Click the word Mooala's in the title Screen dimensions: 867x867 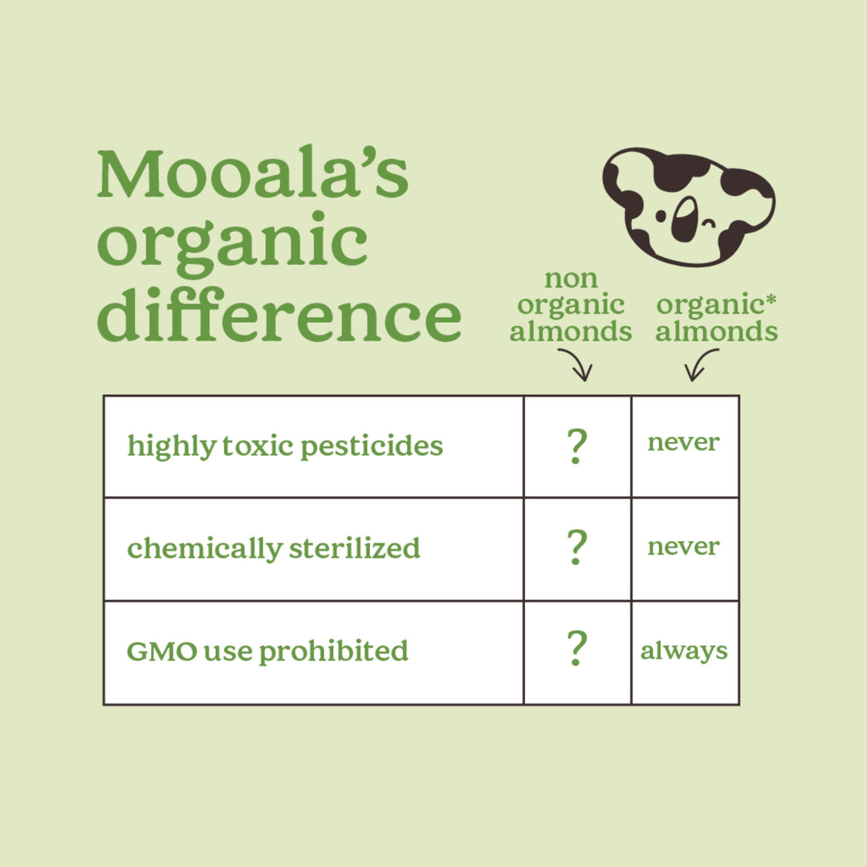point(253,173)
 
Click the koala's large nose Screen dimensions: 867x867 point(685,219)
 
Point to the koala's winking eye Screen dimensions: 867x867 point(709,224)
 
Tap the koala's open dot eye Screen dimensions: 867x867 point(661,216)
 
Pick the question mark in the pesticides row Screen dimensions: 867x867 point(576,446)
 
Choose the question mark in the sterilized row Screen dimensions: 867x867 point(576,547)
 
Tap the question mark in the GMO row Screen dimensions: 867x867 point(576,648)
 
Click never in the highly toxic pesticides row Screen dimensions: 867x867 point(683,442)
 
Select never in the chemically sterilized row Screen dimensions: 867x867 point(683,547)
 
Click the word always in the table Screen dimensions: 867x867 point(684,651)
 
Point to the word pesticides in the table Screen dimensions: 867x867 point(372,446)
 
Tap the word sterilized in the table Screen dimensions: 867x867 point(355,548)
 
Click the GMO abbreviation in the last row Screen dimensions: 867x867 point(162,651)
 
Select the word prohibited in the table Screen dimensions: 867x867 point(333,651)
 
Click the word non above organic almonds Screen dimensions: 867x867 point(572,279)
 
